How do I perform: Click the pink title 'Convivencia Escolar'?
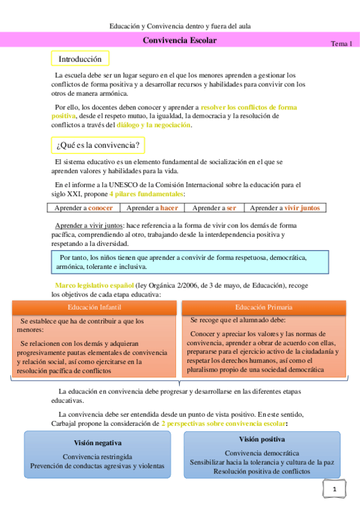click(x=180, y=40)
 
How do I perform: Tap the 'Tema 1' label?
click(x=341, y=44)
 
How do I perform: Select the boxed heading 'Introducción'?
click(x=80, y=59)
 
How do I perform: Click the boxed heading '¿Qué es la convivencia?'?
click(x=97, y=145)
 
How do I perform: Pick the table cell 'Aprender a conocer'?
click(x=84, y=207)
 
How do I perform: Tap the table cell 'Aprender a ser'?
click(x=214, y=207)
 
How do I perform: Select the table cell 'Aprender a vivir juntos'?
click(x=285, y=207)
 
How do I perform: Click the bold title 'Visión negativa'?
click(x=97, y=443)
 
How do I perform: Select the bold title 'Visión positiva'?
click(x=261, y=440)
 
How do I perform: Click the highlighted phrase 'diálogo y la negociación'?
click(x=153, y=124)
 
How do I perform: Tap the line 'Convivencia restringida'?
click(x=97, y=456)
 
